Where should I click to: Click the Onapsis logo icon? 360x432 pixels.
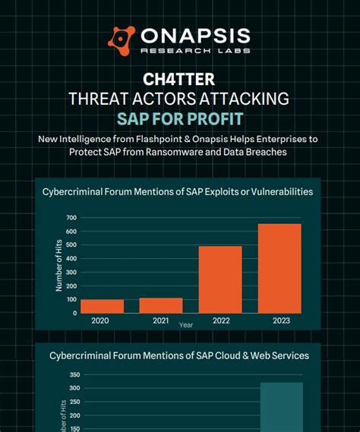[122, 38]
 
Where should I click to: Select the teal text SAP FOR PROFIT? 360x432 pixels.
[179, 118]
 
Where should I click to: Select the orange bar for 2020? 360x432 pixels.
[102, 306]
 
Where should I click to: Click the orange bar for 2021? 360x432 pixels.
[161, 305]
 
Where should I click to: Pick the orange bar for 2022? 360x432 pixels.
[220, 279]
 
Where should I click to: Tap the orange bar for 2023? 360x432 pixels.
[279, 268]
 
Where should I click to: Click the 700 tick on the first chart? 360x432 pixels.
[71, 218]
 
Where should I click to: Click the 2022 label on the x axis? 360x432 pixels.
[220, 320]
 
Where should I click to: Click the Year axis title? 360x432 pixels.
[186, 324]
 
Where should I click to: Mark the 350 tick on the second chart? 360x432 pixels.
[74, 375]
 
